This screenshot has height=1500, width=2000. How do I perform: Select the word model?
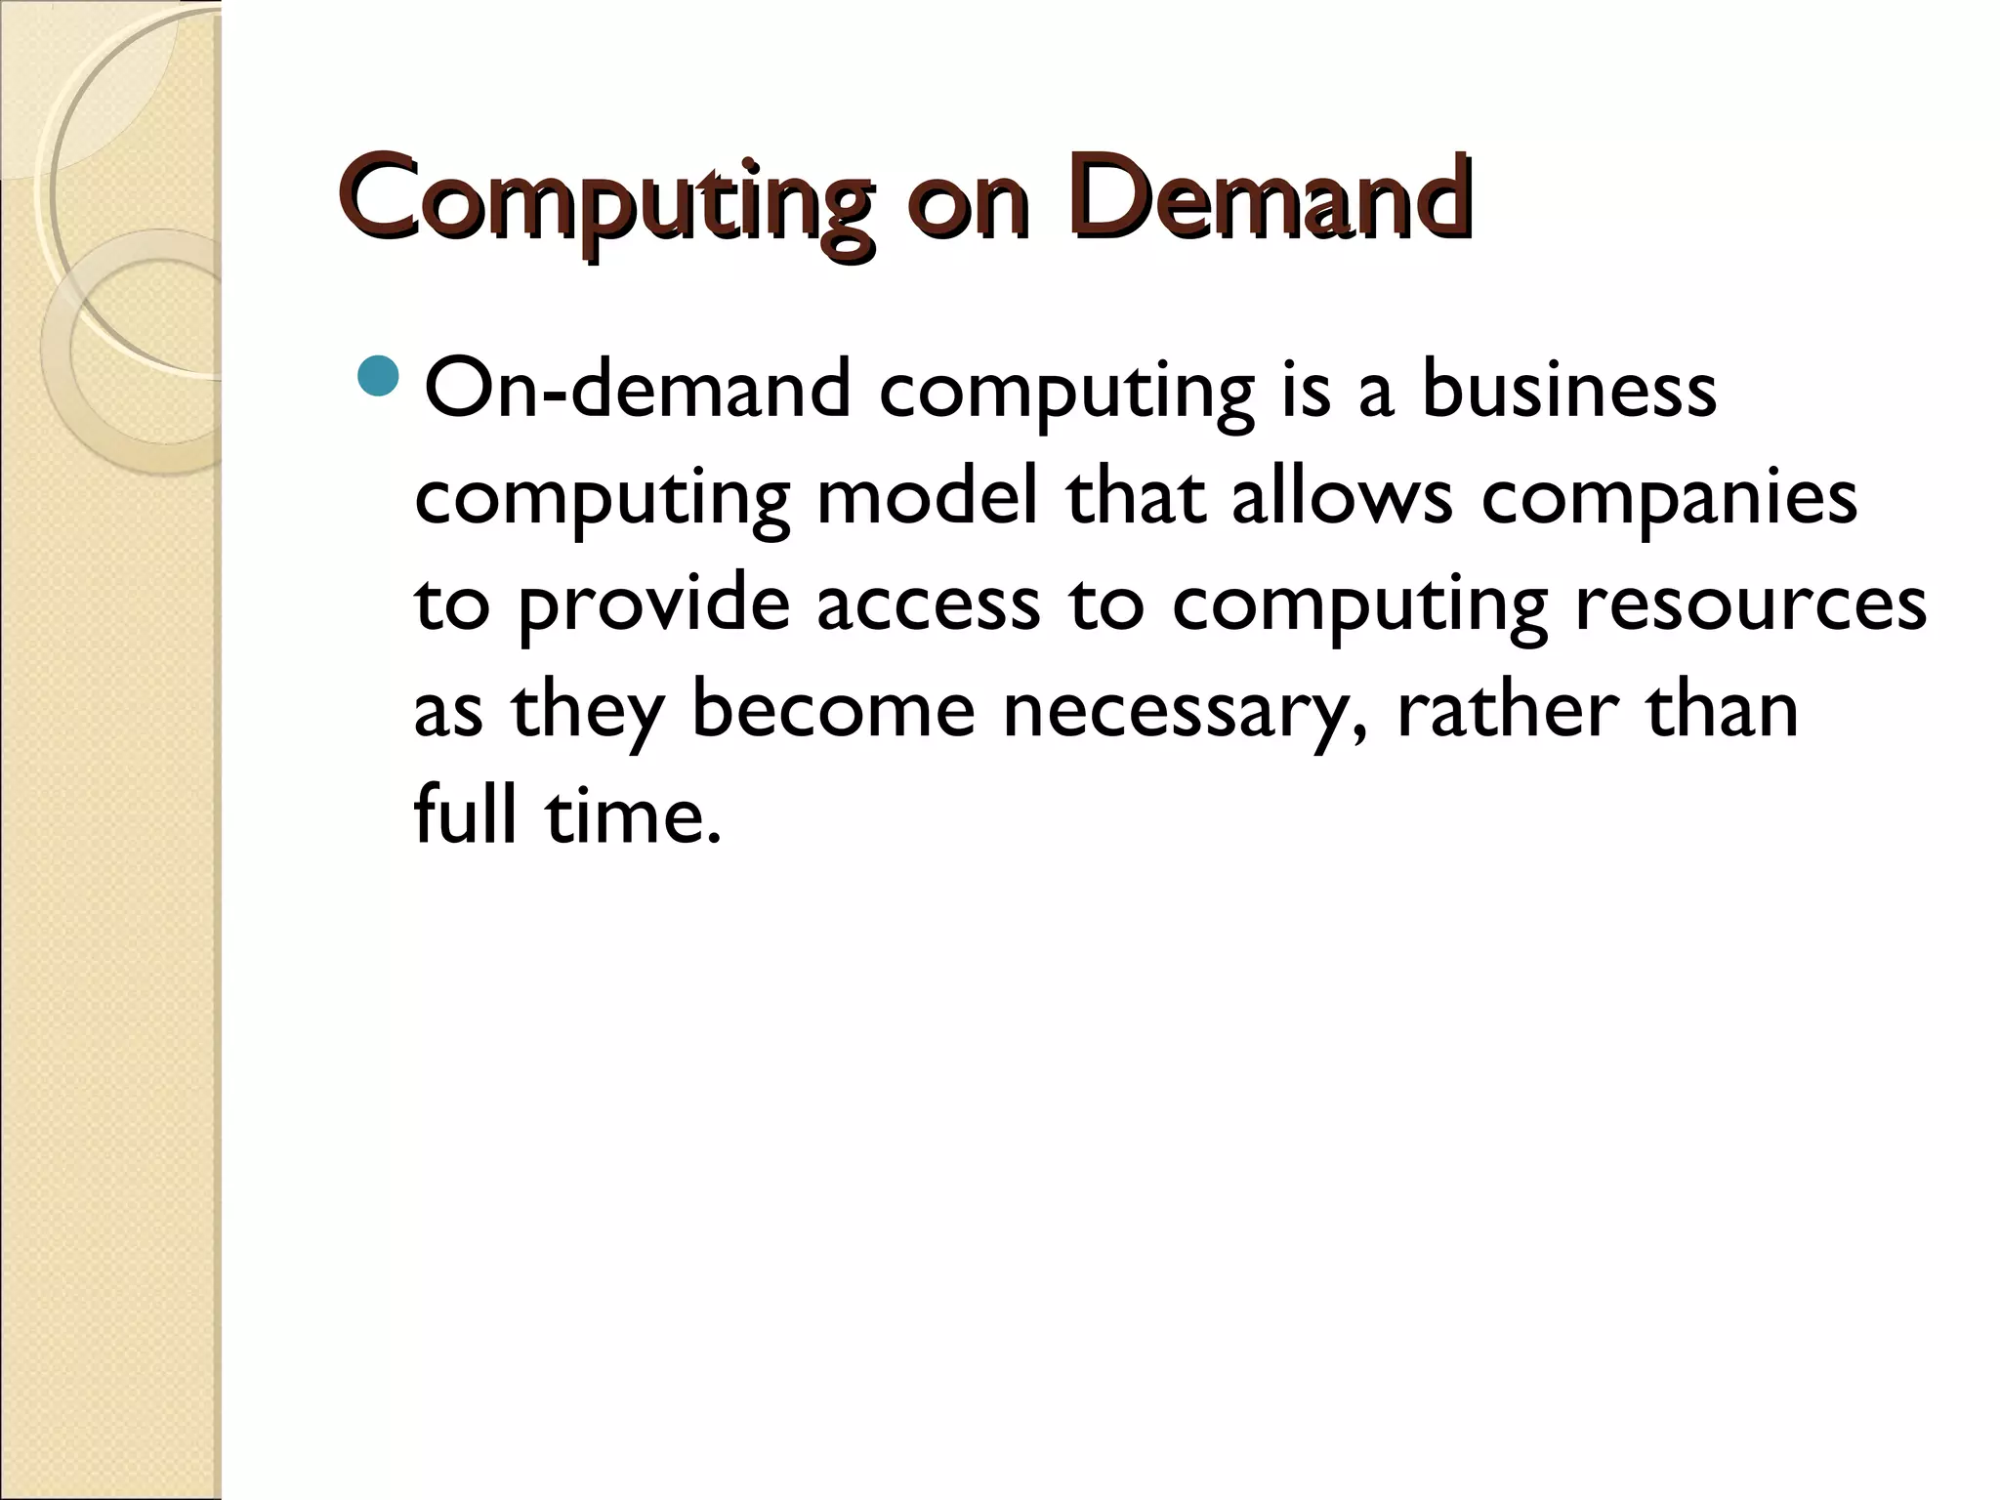[927, 498]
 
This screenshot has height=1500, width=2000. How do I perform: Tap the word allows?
[1342, 498]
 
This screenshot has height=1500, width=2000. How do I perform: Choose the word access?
[929, 605]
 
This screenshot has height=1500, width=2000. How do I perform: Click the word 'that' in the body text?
[1135, 498]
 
